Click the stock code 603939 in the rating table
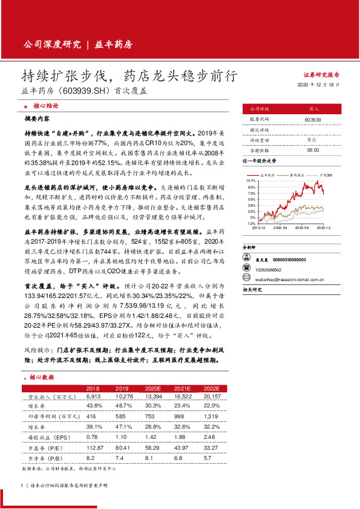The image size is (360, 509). click(x=313, y=120)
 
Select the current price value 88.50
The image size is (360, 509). click(x=313, y=149)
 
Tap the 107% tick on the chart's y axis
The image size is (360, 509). click(x=251, y=181)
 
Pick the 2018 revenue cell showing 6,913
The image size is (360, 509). click(x=93, y=396)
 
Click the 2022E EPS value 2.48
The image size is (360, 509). click(x=210, y=436)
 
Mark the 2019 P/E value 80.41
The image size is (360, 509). click(x=123, y=447)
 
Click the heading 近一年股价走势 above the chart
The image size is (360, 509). click(x=260, y=162)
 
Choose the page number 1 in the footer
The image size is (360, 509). click(x=22, y=485)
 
